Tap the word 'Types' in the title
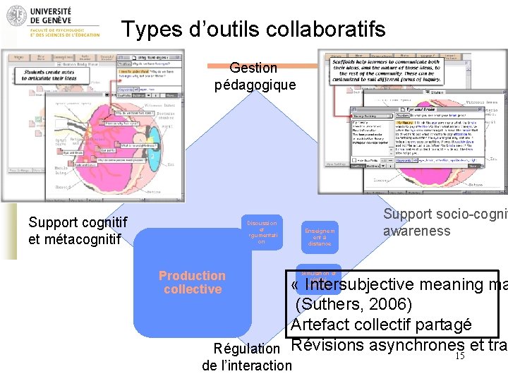tap(148, 30)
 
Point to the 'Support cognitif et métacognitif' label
tap(78, 231)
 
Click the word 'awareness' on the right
tap(416, 231)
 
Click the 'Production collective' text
tap(192, 282)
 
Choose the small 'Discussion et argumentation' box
tap(261, 231)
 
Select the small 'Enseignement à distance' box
tap(320, 236)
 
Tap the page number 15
tap(459, 356)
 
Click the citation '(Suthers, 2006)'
tap(353, 305)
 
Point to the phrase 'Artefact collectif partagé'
tap(381, 325)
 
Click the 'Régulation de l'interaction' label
tap(247, 356)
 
